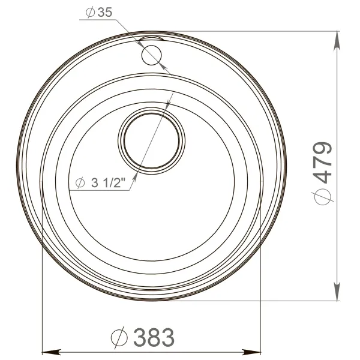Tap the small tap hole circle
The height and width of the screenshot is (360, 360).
152,55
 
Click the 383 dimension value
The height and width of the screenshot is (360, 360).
155,337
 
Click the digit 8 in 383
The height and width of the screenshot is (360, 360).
155,337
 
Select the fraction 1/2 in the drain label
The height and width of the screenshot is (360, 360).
116,184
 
